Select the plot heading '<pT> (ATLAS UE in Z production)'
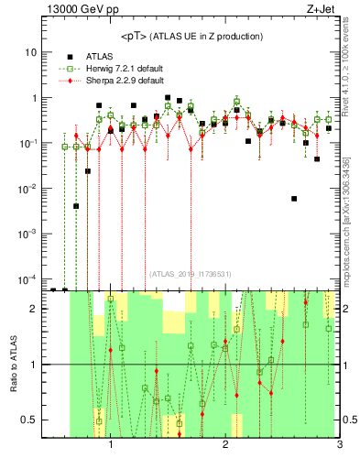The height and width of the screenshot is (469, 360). (191, 37)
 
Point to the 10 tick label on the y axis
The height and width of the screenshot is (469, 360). (29, 52)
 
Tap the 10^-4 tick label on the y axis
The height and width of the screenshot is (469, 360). (27, 278)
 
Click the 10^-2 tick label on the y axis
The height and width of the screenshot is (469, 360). (27, 189)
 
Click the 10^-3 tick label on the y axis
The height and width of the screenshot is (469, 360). (27, 234)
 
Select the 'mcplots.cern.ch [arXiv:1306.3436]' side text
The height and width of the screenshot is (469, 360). (352, 212)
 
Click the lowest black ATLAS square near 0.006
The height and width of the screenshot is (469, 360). (294, 198)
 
